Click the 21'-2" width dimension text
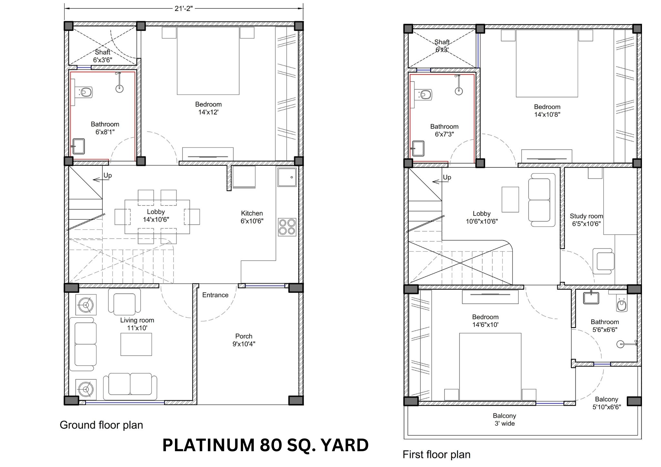pos(184,9)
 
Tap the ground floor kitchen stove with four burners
pos(287,227)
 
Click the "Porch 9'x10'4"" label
pos(244,340)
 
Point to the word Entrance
pos(215,295)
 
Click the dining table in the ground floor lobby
pos(157,217)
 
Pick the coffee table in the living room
pos(136,344)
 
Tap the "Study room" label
pos(586,216)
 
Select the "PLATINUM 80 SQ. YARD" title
pos(265,445)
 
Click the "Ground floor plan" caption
pos(101,425)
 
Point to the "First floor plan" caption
pos(436,454)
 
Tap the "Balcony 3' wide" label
pos(504,420)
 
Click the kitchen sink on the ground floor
pos(287,177)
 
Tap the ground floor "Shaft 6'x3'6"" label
pos(103,56)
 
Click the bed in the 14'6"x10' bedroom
pos(490,367)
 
